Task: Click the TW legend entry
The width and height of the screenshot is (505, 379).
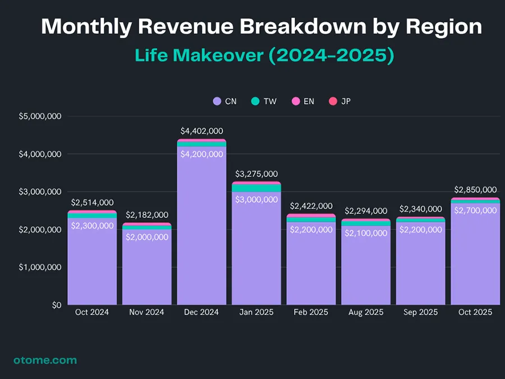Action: pyautogui.click(x=264, y=101)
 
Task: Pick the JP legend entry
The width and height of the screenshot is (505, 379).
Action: pyautogui.click(x=339, y=101)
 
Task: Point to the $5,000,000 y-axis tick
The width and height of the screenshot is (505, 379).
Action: pyautogui.click(x=40, y=116)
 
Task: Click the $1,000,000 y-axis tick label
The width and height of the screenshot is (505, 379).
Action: pyautogui.click(x=40, y=267)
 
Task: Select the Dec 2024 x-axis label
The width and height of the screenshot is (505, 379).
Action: pyautogui.click(x=201, y=312)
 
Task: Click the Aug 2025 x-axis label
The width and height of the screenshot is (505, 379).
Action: pyautogui.click(x=366, y=312)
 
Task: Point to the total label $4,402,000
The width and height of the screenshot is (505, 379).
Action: pyautogui.click(x=201, y=131)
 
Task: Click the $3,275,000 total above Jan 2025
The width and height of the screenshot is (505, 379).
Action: pyautogui.click(x=256, y=174)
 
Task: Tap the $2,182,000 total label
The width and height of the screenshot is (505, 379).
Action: pyautogui.click(x=146, y=214)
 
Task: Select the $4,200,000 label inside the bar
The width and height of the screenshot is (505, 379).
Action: pyautogui.click(x=201, y=154)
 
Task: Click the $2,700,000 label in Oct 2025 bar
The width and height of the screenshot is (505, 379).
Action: pyautogui.click(x=475, y=210)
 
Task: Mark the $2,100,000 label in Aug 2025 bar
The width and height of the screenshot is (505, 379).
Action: pyautogui.click(x=366, y=232)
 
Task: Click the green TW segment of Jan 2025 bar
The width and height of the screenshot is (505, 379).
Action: pyautogui.click(x=256, y=188)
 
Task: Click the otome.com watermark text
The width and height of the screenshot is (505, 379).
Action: pyautogui.click(x=45, y=360)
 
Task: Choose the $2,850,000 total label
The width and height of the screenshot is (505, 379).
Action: pyautogui.click(x=475, y=189)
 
